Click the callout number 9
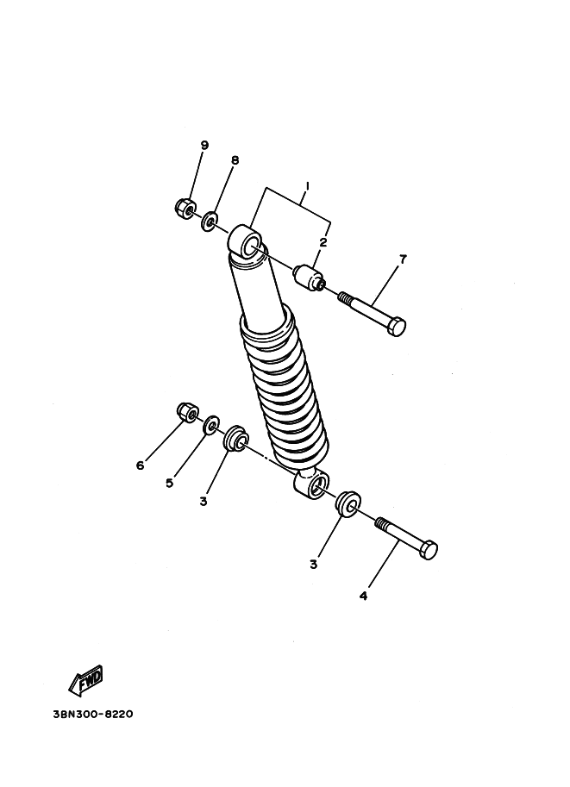[x=204, y=145]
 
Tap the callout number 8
[x=235, y=160]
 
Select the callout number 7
[x=403, y=259]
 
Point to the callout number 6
[x=140, y=465]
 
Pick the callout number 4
[x=363, y=596]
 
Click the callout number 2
[x=323, y=242]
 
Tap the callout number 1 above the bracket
[x=307, y=186]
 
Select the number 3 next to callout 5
[x=203, y=501]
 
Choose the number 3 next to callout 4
[x=313, y=565]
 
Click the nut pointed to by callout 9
[x=185, y=208]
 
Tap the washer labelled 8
[x=209, y=222]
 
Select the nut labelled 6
[x=187, y=412]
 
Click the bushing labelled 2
[x=309, y=278]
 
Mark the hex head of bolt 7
[x=397, y=326]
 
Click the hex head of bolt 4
[x=429, y=550]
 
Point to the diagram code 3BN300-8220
[x=93, y=714]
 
